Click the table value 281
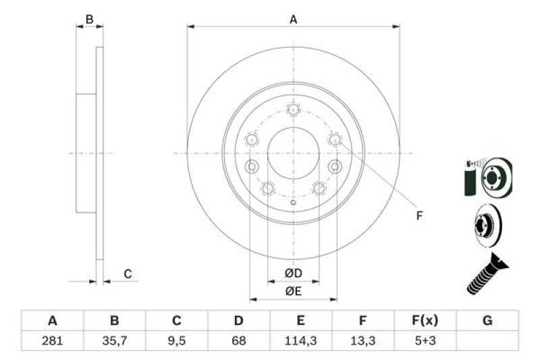coord(53,342)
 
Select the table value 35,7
coord(115,342)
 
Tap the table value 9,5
coord(177,342)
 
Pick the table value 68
coord(239,342)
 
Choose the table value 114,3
coord(301,342)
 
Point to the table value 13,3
coord(363,342)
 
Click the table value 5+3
coord(425,342)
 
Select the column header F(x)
coord(425,321)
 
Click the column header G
coord(487,321)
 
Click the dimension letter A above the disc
coord(294,20)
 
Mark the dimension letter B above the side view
coord(89,20)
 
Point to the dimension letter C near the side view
coord(126,274)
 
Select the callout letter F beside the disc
coord(419,216)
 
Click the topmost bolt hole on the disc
coord(293,109)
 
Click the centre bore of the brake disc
coord(293,153)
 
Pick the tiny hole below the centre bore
coord(292,204)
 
